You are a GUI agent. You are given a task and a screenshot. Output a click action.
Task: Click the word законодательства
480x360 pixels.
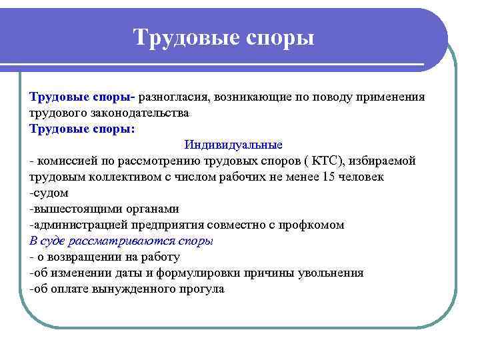point(137,113)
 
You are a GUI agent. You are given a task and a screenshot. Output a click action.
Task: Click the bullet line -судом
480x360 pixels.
point(49,193)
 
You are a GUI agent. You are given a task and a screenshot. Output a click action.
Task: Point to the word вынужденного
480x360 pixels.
point(133,289)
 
